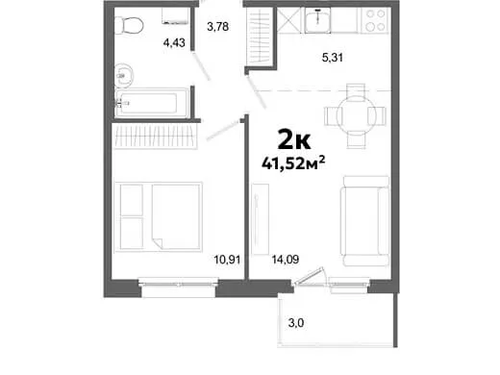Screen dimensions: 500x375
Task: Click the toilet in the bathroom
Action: (129, 25)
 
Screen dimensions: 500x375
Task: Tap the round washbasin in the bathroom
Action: (123, 76)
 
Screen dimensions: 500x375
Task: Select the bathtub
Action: (152, 103)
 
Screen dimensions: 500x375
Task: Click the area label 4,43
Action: (174, 42)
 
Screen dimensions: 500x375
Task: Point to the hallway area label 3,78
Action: (218, 26)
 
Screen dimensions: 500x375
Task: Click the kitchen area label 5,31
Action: (333, 58)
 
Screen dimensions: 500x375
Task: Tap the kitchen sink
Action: (317, 20)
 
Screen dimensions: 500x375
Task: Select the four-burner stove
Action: (375, 20)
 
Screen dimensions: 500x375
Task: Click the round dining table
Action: (356, 116)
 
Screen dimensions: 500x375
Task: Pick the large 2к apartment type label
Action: (294, 138)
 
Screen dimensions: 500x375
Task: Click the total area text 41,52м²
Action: (293, 163)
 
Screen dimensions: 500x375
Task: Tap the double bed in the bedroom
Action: (159, 217)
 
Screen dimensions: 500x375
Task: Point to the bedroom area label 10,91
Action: (227, 260)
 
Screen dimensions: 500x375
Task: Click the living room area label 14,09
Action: (286, 260)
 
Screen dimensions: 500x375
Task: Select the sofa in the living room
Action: (365, 221)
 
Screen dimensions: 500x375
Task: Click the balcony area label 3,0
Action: (296, 323)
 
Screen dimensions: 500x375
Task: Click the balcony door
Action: (311, 276)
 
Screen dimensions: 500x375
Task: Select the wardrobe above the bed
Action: (155, 137)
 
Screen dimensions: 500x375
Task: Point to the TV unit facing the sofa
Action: (260, 219)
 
